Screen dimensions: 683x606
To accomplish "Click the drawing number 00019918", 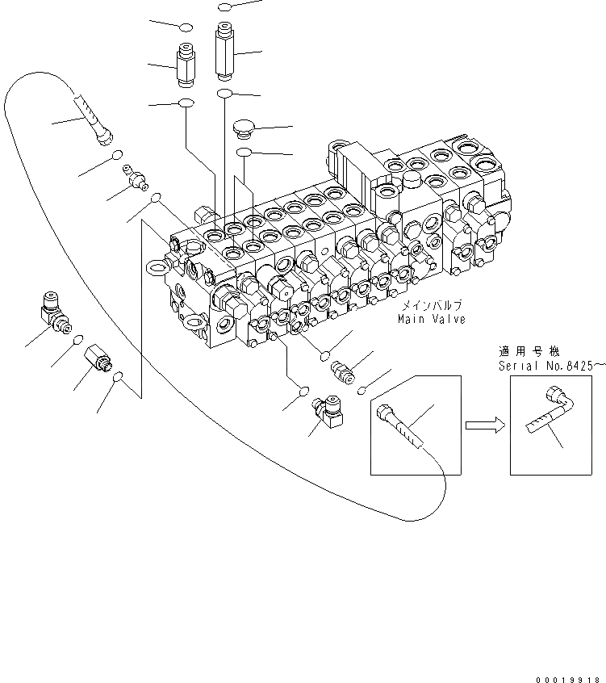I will pyautogui.click(x=570, y=659).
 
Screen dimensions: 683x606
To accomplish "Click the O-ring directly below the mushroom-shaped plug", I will pyautogui.click(x=244, y=152).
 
